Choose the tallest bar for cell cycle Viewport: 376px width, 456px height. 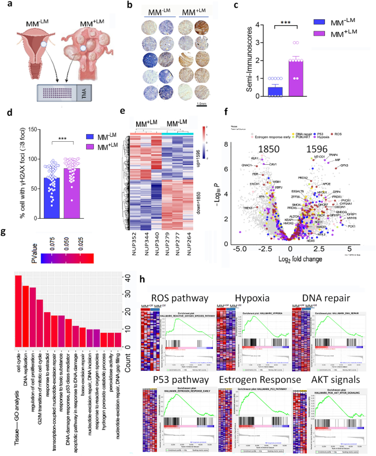click(x=18, y=310)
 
